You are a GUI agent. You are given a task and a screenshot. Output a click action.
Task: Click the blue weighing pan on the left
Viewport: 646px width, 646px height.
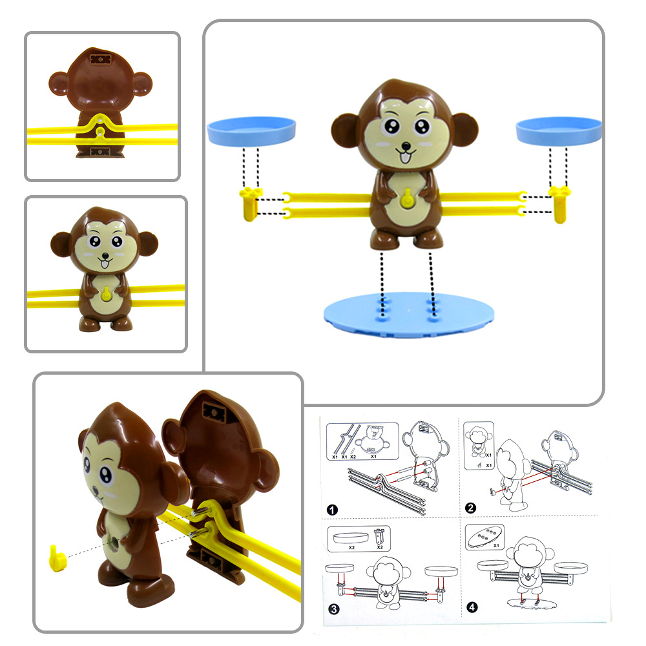pos(251,130)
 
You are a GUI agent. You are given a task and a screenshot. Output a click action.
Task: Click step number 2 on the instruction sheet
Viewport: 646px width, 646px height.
pos(471,508)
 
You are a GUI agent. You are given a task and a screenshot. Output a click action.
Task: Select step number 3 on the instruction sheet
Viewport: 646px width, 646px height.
pos(332,607)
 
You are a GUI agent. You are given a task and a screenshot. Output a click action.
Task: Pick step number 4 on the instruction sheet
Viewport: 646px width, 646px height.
pos(471,607)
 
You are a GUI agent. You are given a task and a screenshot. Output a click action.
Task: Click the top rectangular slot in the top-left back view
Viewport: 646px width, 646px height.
pos(101,60)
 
